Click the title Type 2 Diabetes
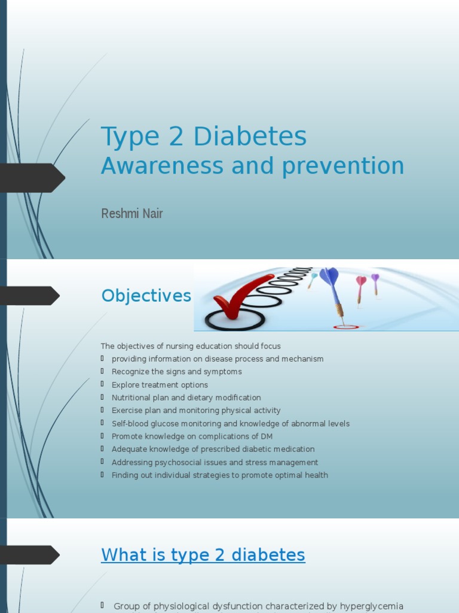pyautogui.click(x=204, y=137)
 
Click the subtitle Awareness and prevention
pyautogui.click(x=252, y=166)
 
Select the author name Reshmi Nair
pyautogui.click(x=132, y=214)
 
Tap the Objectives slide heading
pyautogui.click(x=146, y=296)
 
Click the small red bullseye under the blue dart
pyautogui.click(x=345, y=327)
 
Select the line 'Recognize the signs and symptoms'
pyautogui.click(x=176, y=372)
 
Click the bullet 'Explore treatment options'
pyautogui.click(x=160, y=385)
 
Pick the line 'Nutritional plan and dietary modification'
pyautogui.click(x=186, y=397)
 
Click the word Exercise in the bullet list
pyautogui.click(x=126, y=411)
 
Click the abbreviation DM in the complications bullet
pyautogui.click(x=267, y=436)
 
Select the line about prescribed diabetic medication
pyautogui.click(x=213, y=450)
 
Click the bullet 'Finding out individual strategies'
pyautogui.click(x=219, y=475)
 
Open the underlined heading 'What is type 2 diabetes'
pyautogui.click(x=203, y=555)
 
